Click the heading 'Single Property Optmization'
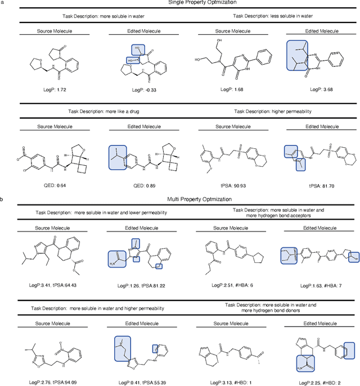click(x=180, y=3)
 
